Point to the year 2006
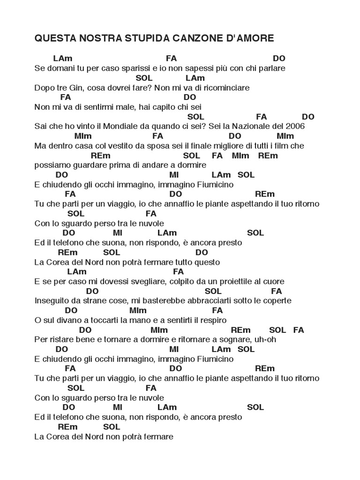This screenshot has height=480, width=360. [296, 126]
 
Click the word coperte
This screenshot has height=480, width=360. [277, 300]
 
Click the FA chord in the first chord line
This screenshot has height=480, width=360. [171, 59]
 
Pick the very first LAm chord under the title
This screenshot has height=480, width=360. [63, 59]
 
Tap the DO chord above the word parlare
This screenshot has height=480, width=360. [279, 59]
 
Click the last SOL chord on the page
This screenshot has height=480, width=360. [112, 427]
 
